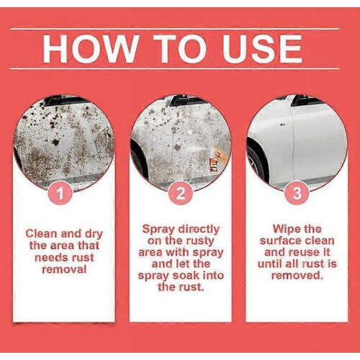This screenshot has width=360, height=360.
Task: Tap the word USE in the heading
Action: tap(262, 49)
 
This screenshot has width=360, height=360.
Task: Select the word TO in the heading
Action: tap(181, 49)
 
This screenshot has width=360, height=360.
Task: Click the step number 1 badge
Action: tap(60, 194)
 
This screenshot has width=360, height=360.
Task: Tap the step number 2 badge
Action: tap(180, 194)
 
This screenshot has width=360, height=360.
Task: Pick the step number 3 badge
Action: tap(297, 194)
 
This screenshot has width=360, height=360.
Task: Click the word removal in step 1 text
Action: tap(64, 269)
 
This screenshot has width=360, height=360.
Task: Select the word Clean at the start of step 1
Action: tap(42, 234)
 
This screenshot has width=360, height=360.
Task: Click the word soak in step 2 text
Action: tap(186, 276)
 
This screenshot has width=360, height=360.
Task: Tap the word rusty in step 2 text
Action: tap(199, 241)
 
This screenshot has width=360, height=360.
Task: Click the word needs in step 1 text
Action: tap(48, 258)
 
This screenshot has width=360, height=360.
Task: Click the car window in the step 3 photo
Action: tap(302, 100)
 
